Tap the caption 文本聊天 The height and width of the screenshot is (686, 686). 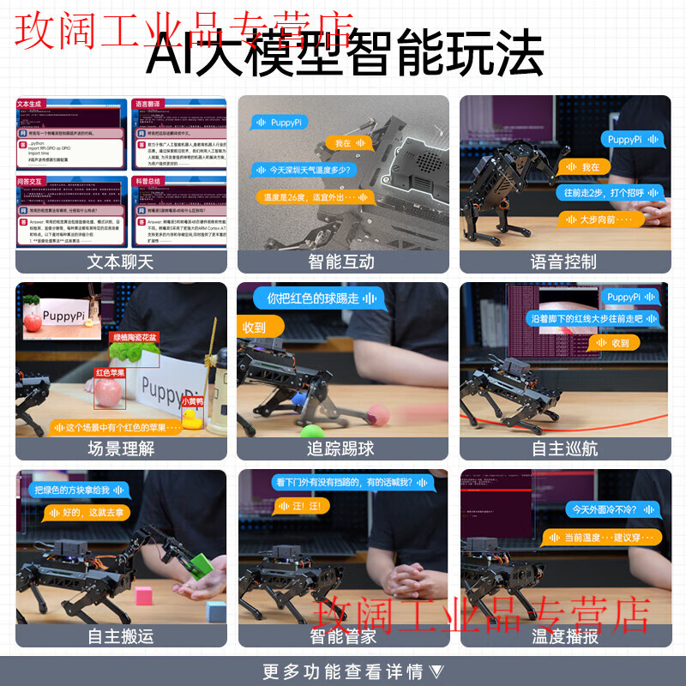[x=120, y=262]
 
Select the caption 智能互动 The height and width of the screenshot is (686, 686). [x=341, y=262]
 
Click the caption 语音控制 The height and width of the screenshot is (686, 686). [x=563, y=262]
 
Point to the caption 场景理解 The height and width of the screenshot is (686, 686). [x=120, y=448]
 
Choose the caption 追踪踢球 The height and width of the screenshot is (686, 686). [x=341, y=448]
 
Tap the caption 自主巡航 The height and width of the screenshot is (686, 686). [x=563, y=448]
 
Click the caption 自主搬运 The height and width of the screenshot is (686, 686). [x=120, y=636]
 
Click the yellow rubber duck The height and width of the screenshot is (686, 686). [x=193, y=418]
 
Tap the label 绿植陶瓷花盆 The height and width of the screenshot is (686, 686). [x=135, y=337]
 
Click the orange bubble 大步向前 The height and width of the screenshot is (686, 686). [x=600, y=220]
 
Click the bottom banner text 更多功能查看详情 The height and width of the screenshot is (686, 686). [x=343, y=671]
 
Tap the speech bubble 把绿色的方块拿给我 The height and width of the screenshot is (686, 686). [x=78, y=490]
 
